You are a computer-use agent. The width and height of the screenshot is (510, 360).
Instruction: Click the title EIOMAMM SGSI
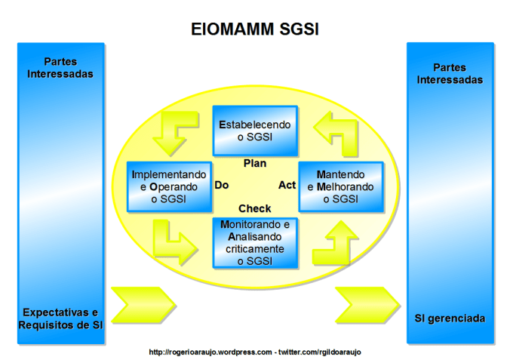pos(254,29)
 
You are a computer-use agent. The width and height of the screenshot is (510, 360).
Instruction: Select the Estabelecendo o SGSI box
pos(254,131)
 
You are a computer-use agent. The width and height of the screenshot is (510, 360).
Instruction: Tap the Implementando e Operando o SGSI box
pos(168,186)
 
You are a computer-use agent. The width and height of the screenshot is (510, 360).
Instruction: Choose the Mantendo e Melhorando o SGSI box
pos(340,186)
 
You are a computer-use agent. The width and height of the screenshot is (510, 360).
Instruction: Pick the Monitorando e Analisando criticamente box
pos(254,242)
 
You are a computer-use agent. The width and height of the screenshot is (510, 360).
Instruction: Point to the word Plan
pos(254,163)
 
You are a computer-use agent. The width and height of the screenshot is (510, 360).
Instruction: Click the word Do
pos(222,185)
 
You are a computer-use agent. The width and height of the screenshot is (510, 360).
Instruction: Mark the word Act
pos(287,185)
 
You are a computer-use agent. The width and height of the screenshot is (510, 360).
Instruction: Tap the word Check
pos(254,208)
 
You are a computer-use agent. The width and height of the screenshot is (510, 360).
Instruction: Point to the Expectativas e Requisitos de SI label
pos(60,318)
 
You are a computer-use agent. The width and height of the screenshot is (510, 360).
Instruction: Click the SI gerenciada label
pos(450,318)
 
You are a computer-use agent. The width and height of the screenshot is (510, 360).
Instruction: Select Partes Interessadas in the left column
pos(60,68)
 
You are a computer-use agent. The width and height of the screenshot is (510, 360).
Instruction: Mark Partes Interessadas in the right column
pos(450,73)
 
